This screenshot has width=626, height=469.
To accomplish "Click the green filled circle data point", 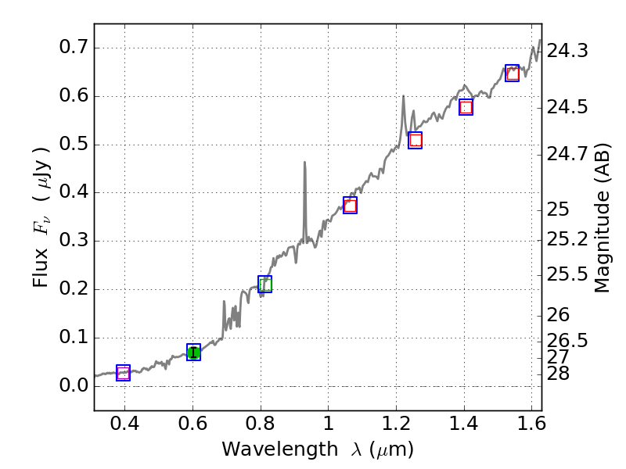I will (x=193, y=353).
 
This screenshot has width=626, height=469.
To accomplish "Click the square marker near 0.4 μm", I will (x=123, y=373).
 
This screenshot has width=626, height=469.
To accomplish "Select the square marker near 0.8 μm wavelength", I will (x=265, y=285).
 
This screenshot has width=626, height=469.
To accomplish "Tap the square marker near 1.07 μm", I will (x=350, y=206).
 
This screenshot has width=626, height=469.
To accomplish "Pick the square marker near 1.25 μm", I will (x=416, y=141).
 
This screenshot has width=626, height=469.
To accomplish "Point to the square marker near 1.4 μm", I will (x=466, y=108).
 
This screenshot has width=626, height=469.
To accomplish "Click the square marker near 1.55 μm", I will (x=512, y=73).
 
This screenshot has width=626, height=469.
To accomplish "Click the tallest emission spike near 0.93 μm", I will (x=304, y=163).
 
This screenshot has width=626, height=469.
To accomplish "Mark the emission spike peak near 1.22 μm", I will (x=404, y=97).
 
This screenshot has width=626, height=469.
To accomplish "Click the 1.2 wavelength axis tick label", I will (x=396, y=425).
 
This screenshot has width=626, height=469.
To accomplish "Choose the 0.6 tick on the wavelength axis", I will (x=192, y=425).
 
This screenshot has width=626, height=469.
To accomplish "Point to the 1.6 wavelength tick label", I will (x=532, y=425).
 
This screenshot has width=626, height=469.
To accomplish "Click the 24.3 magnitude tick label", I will (x=567, y=52).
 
